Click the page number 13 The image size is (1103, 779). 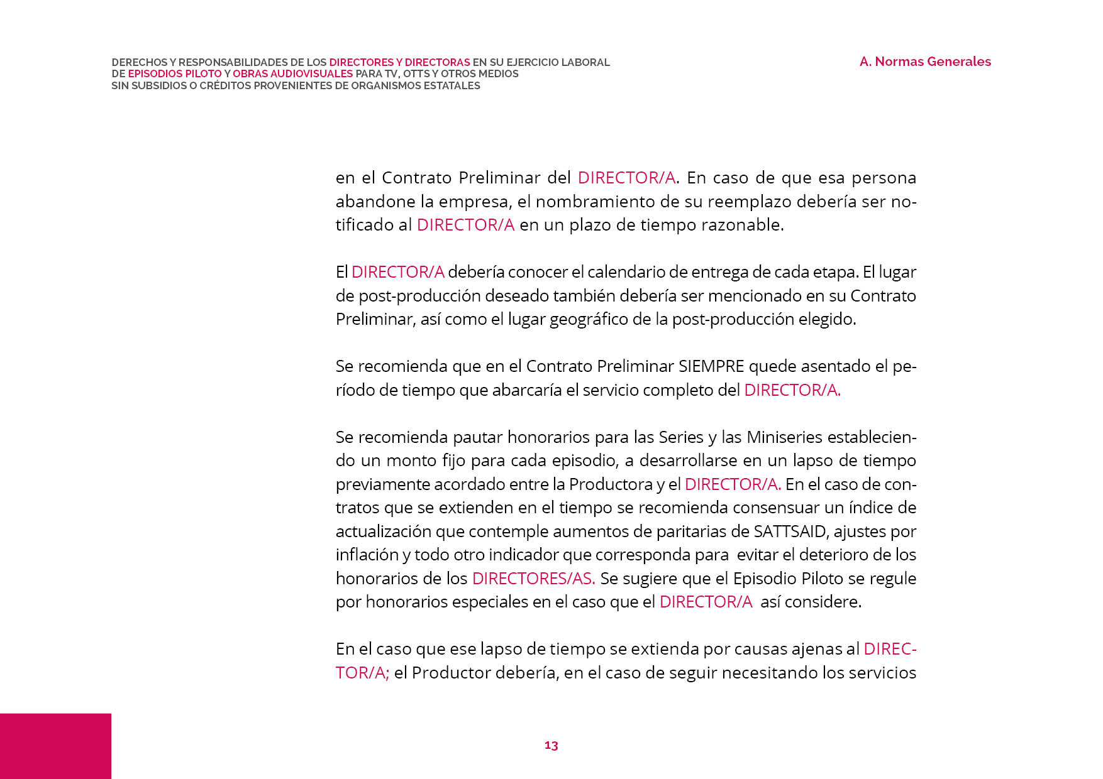551,745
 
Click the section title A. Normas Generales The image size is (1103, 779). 925,62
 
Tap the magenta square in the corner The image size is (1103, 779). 55,746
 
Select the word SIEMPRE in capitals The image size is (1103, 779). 711,366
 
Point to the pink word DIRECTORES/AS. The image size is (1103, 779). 533,579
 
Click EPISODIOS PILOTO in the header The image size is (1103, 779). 175,74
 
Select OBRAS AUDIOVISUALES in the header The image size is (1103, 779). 292,74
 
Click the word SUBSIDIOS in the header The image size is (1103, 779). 158,85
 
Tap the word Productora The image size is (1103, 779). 611,484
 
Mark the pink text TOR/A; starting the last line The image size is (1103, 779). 362,673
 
